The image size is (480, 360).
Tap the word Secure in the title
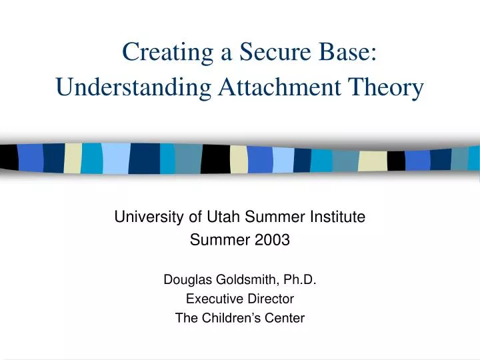269,51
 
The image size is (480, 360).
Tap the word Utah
223,216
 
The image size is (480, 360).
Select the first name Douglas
187,281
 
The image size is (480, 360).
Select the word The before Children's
186,318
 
